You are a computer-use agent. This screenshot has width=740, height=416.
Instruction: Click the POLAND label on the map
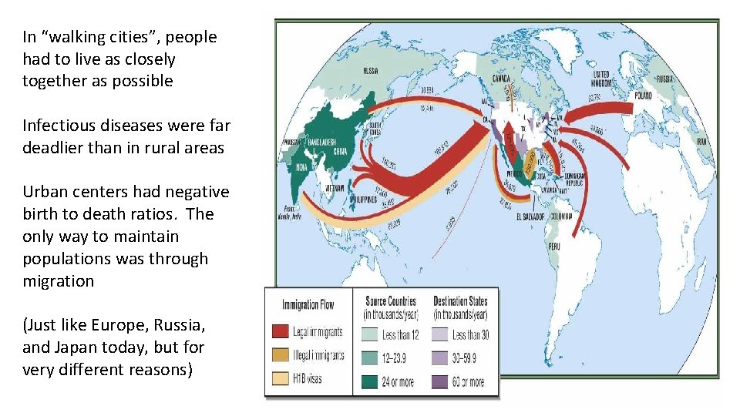(643, 96)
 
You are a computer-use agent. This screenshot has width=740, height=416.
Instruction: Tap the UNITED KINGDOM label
(600, 78)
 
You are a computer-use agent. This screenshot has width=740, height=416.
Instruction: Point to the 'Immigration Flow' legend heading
(308, 304)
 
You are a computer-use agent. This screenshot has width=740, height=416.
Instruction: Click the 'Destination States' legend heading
(461, 301)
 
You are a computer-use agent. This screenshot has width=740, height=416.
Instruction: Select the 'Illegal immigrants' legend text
(318, 356)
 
